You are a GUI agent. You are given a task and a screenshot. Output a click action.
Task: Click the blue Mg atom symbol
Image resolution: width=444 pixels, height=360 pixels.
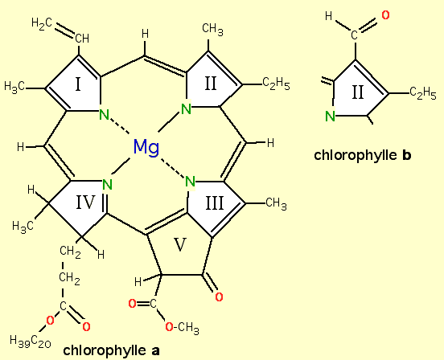[146, 147]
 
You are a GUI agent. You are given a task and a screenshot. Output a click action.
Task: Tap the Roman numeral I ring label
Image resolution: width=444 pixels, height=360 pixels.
[79, 84]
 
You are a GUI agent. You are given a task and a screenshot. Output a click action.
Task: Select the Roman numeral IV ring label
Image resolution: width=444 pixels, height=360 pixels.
[85, 202]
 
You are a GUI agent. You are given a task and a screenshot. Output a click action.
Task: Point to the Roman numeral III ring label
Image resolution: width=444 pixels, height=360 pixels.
[214, 203]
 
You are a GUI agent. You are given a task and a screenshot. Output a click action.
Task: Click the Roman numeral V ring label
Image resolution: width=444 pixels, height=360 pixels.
[180, 244]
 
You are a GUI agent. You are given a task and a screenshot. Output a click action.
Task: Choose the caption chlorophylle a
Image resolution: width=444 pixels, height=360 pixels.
[111, 350]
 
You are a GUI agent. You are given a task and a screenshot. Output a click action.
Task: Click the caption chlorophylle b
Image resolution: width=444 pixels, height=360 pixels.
[363, 155]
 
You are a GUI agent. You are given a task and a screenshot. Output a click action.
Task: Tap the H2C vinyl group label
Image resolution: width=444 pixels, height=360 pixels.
[42, 22]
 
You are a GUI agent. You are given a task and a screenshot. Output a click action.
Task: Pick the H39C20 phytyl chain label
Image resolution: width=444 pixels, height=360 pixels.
[31, 341]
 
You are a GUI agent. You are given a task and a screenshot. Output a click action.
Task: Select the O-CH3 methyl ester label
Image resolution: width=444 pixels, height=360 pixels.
[182, 327]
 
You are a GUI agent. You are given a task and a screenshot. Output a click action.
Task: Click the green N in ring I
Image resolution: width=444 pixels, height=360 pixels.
[105, 115]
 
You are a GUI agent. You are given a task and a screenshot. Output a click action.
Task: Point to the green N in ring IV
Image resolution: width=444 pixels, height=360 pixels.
[107, 184]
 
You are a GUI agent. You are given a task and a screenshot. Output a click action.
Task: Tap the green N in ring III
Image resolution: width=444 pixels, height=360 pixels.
[190, 182]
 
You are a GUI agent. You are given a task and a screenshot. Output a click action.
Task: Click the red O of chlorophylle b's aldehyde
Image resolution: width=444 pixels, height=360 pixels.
[385, 15]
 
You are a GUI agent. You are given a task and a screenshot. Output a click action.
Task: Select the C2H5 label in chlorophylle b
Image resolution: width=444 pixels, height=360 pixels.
[423, 92]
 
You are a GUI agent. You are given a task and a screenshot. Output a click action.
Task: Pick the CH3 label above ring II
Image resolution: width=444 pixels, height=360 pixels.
[212, 30]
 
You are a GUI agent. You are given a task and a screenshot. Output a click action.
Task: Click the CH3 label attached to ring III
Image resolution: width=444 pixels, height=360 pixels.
[276, 203]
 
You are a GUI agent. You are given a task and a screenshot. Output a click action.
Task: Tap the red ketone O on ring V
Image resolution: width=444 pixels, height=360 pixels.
[219, 297]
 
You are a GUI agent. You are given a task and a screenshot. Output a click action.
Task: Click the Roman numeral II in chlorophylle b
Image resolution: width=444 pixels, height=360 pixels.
[358, 92]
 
